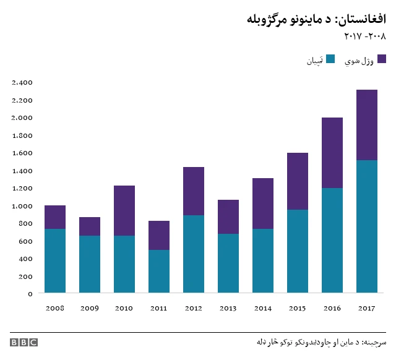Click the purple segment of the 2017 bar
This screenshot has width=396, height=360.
[367, 125]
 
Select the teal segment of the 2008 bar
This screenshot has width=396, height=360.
[55, 260]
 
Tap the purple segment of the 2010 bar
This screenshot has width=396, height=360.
[124, 210]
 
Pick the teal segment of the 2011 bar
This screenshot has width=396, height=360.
[159, 271]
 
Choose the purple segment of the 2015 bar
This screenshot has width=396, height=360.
[298, 181]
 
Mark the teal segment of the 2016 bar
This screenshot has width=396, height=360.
[332, 240]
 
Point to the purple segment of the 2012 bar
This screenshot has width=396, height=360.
[194, 191]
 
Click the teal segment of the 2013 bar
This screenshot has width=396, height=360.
[228, 263]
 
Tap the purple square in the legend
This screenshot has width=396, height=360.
[382, 59]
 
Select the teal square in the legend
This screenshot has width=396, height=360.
[330, 59]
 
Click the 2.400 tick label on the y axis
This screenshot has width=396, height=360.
[22, 82]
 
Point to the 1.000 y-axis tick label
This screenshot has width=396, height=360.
[22, 206]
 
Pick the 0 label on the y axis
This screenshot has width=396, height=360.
[30, 294]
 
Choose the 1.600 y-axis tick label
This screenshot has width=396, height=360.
[22, 153]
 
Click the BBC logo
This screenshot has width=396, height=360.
[24, 342]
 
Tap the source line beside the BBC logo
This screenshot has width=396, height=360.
[321, 342]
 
